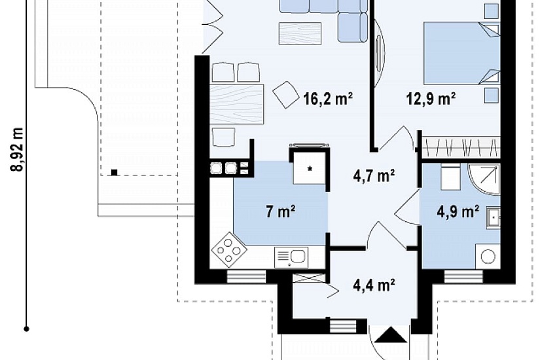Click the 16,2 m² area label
pos(328,99)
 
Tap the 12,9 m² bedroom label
pos(431,99)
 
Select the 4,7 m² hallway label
pos(374,176)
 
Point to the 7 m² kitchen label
pos(280,211)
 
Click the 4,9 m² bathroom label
pos(458,211)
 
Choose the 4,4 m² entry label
pos(374,285)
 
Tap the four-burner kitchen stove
pos(228,250)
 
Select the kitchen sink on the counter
pos(291,257)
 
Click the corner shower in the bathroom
pos(484,179)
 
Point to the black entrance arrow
pos(391,335)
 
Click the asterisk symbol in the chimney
pos(310,168)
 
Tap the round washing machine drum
pos(488,256)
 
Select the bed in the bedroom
pos(461,53)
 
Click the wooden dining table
pos(236,103)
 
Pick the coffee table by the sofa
pos(300,34)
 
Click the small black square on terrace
pos(114,172)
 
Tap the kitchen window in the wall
pos(246,277)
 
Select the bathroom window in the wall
pos(463,277)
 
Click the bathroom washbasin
pos(493,217)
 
